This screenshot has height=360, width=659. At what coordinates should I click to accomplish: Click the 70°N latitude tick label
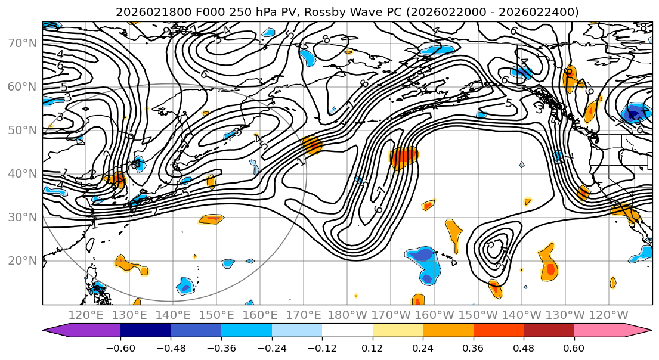(x=20, y=43)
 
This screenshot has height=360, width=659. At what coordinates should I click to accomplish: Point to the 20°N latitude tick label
(x=20, y=260)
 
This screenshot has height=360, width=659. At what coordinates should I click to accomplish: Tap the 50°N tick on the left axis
(x=20, y=130)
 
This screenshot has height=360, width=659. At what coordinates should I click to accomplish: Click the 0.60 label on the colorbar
(x=574, y=349)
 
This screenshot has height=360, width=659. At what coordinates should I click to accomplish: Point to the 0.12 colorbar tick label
(x=372, y=349)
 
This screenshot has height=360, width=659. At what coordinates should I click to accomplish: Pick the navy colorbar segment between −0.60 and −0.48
(x=146, y=331)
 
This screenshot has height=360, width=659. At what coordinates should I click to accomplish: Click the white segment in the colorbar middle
(x=347, y=331)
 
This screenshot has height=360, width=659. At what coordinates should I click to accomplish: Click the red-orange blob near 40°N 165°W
(x=404, y=157)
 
